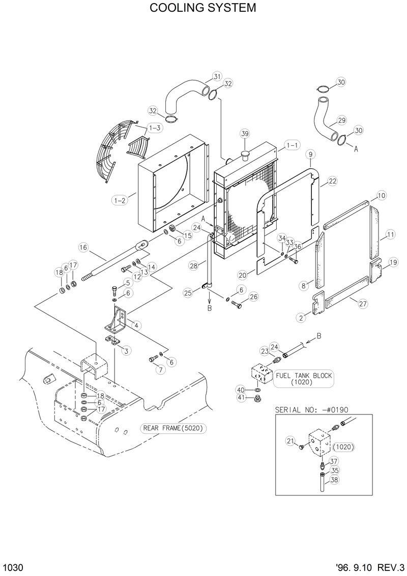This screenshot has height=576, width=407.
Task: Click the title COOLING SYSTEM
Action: (203, 9)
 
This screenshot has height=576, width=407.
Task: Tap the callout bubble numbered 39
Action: (245, 134)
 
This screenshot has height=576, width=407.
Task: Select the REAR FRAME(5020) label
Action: (173, 429)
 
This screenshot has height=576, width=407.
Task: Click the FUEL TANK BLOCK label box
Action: (304, 379)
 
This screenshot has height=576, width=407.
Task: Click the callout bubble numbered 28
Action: (194, 265)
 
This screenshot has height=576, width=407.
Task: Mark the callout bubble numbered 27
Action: (363, 304)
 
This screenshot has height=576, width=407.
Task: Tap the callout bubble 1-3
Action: (155, 127)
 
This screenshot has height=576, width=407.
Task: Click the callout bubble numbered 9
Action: (310, 153)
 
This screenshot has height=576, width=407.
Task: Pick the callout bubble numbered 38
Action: (334, 479)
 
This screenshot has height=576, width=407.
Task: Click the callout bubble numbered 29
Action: (341, 120)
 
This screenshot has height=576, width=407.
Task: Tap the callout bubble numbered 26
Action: (253, 297)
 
